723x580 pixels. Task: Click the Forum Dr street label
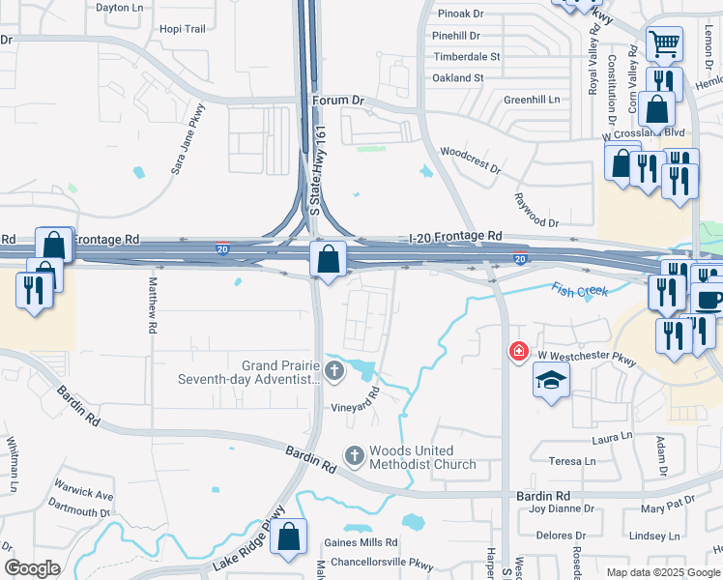(x=338, y=100)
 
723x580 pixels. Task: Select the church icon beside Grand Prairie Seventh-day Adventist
(x=334, y=369)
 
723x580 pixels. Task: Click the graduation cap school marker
(x=550, y=381)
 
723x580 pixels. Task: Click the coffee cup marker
(x=709, y=299)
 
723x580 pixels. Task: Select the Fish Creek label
(x=580, y=289)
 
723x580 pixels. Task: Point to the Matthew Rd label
(x=153, y=306)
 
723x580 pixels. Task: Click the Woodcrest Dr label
(x=471, y=160)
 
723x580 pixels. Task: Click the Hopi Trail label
(x=184, y=29)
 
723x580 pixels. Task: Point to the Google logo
(x=32, y=568)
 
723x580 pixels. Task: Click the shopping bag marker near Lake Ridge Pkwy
(x=288, y=537)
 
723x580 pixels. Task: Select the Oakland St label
(x=458, y=77)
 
